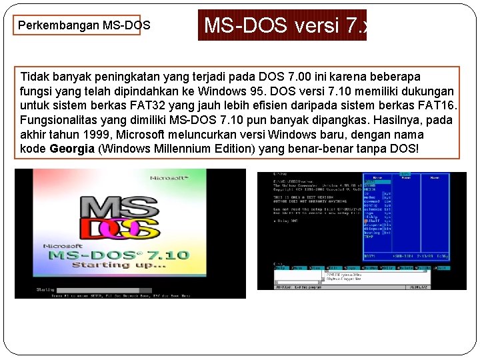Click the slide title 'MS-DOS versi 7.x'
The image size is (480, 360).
[282, 25]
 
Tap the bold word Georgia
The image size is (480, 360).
[72, 149]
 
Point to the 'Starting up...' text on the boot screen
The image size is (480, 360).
[129, 265]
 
